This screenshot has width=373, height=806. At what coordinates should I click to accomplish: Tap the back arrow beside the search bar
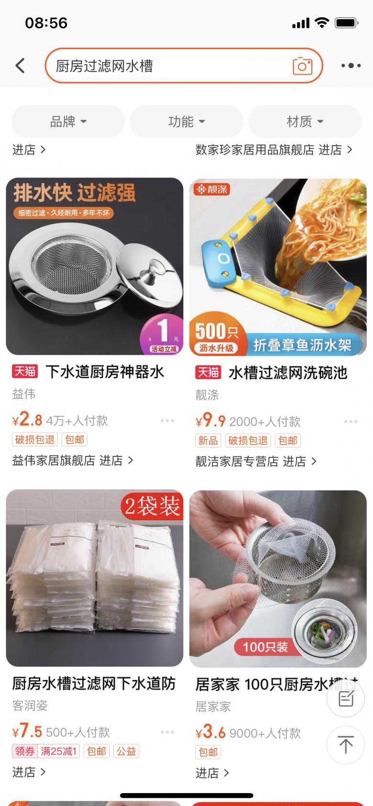(21, 65)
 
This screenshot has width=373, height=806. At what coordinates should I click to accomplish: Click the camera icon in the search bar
(302, 66)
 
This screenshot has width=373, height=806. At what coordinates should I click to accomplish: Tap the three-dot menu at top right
(351, 65)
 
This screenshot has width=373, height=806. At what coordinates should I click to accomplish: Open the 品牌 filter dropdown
(68, 121)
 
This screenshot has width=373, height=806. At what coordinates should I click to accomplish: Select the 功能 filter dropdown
(186, 121)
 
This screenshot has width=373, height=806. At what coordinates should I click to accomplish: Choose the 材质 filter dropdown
(305, 121)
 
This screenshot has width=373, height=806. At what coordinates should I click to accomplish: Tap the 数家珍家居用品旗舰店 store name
(255, 149)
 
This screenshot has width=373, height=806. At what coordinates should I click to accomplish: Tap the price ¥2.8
(27, 420)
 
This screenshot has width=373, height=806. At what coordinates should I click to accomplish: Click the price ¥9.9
(210, 420)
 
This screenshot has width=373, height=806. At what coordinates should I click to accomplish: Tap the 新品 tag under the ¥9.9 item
(208, 440)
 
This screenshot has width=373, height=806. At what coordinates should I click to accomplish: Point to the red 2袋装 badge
(152, 506)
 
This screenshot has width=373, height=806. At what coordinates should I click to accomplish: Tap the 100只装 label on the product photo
(265, 647)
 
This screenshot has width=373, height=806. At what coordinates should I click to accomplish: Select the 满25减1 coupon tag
(58, 751)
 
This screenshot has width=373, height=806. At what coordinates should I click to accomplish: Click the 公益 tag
(126, 751)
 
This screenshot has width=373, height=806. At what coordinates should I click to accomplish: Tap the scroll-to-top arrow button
(346, 744)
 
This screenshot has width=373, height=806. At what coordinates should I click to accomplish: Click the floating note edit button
(346, 699)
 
